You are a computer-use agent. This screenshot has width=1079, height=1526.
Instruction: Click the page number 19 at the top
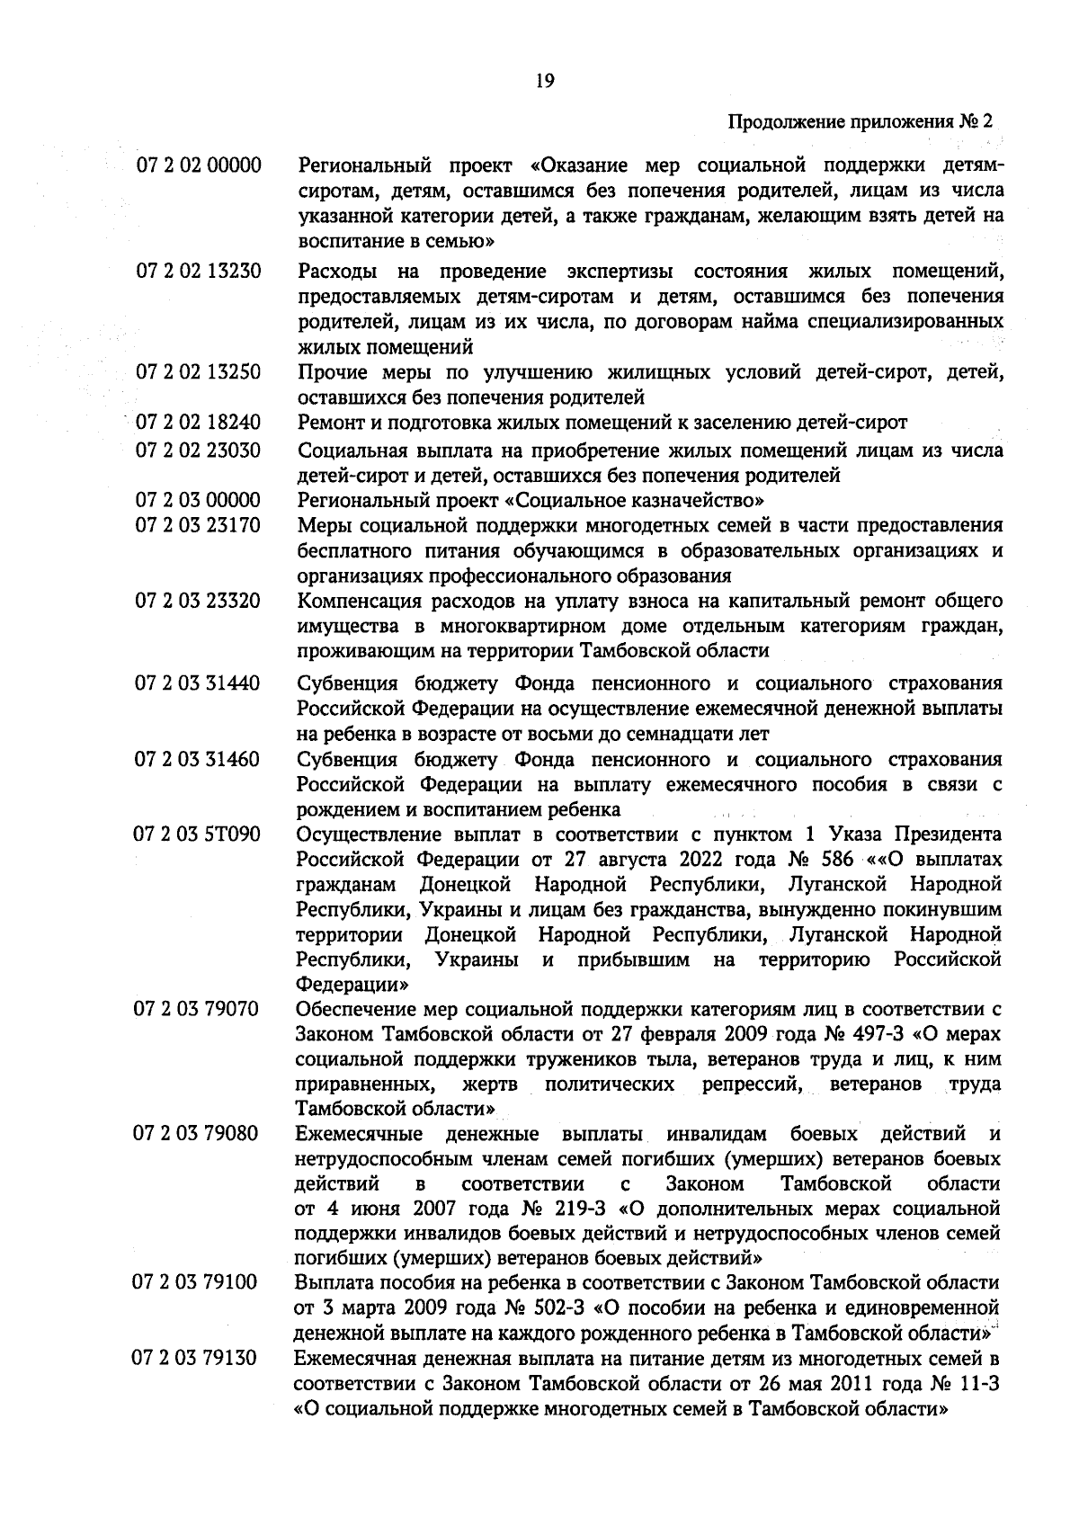point(544,82)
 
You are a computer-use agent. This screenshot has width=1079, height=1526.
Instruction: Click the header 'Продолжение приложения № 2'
point(860,121)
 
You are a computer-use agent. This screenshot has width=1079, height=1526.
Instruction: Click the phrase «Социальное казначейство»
point(636,500)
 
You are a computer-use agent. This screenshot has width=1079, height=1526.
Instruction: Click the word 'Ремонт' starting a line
point(326,422)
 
